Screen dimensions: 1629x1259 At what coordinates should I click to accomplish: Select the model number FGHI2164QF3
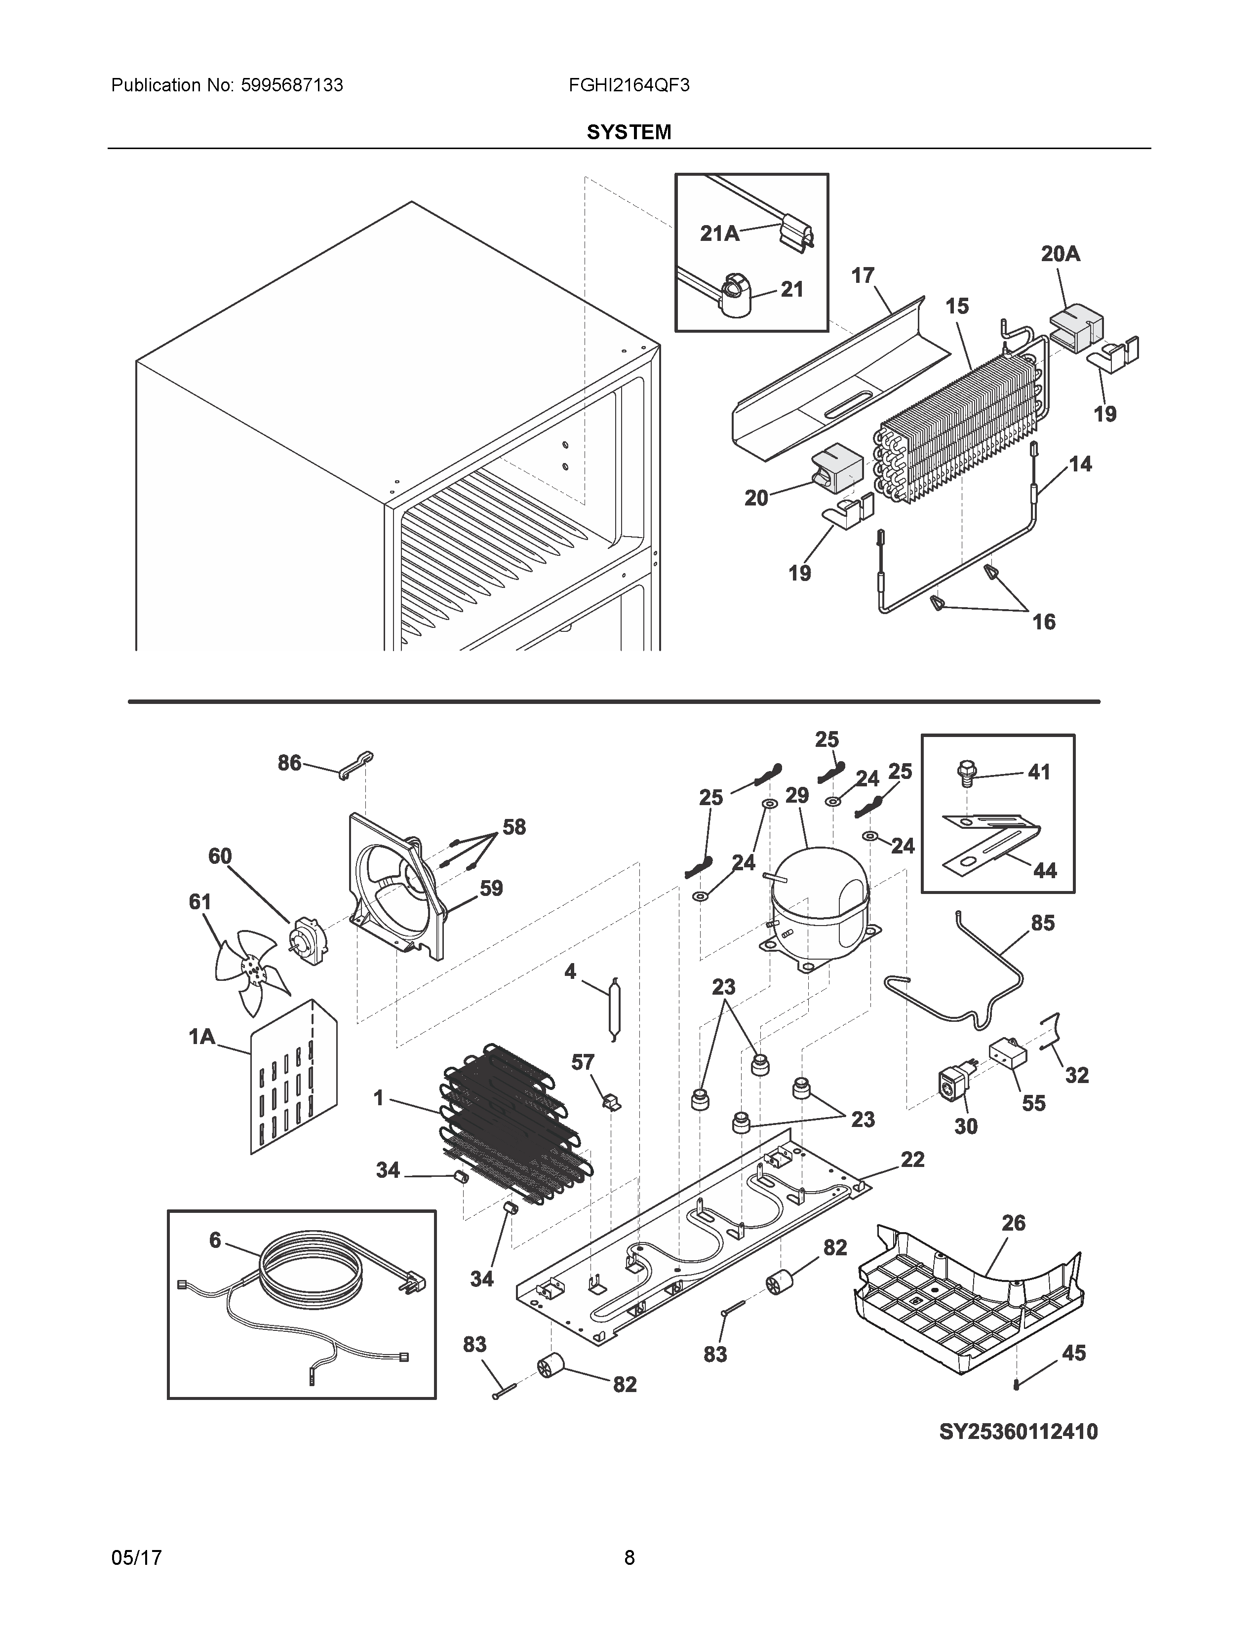click(x=629, y=85)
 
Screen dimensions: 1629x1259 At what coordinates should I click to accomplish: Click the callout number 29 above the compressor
click(x=796, y=795)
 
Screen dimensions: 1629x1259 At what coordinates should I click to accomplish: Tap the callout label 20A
click(x=1060, y=254)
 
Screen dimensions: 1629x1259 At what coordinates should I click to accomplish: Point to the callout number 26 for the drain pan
click(x=1013, y=1223)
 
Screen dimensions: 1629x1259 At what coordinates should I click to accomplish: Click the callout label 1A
click(x=201, y=1036)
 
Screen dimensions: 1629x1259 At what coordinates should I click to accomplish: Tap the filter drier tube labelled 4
click(x=613, y=1008)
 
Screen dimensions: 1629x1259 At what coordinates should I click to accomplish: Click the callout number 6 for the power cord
click(x=215, y=1240)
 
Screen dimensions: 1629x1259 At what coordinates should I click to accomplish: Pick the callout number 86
click(x=289, y=762)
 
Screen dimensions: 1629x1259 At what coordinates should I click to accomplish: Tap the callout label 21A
click(x=719, y=233)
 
